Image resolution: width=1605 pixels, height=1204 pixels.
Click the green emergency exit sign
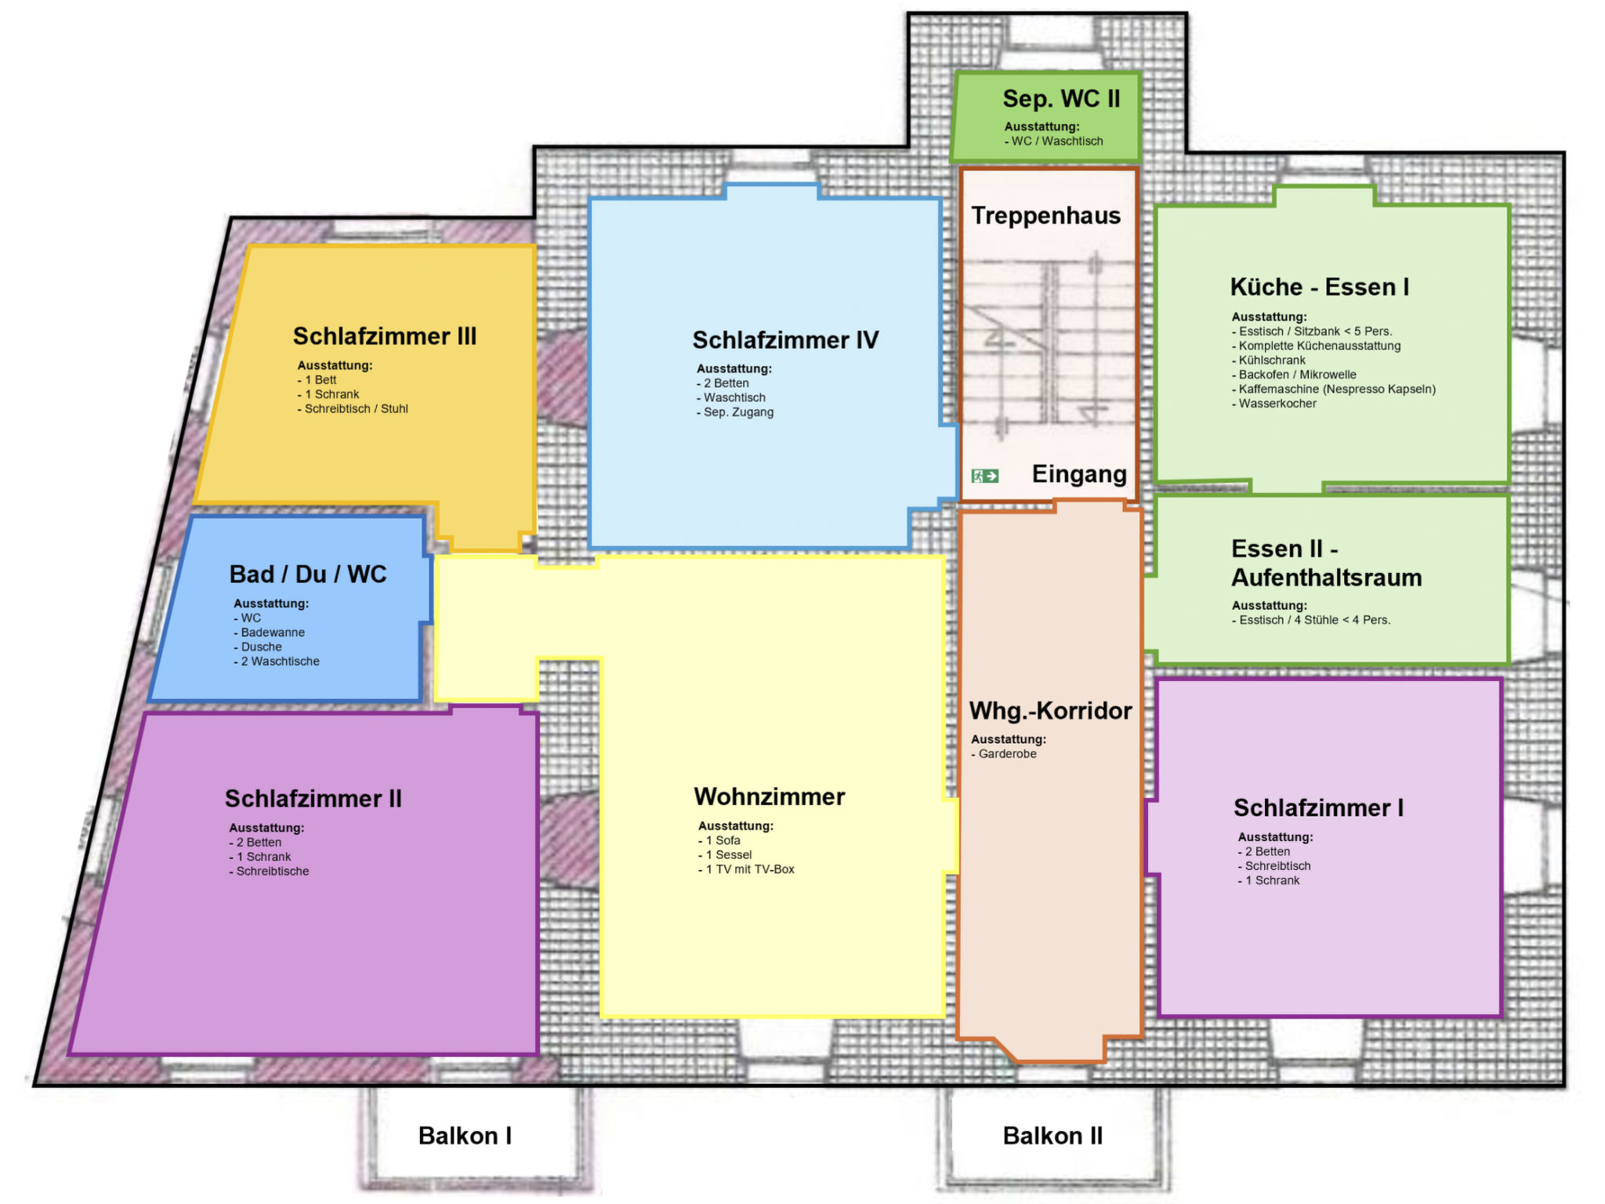pos(985,476)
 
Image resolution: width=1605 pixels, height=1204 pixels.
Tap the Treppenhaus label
pos(1046,216)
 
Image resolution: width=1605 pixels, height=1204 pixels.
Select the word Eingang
pos(1079,474)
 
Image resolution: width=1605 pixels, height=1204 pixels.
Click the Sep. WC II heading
pos(1061,99)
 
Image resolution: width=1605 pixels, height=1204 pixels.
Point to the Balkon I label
pos(465,1136)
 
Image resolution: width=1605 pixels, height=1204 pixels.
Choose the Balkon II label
pos(1052,1136)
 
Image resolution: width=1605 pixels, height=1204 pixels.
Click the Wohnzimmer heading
pos(770,796)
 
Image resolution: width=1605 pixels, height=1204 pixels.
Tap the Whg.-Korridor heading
pos(1051,711)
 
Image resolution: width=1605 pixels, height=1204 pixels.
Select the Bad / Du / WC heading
pos(308,575)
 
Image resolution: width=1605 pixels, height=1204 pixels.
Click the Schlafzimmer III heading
pos(385,336)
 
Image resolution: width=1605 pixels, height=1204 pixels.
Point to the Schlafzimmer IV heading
pos(785,340)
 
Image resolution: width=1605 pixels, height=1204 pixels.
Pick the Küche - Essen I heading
pos(1320,287)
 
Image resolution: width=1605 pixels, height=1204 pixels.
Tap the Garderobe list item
pos(1004,754)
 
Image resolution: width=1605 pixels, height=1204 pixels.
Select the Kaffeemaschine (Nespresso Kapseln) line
pos(1334,390)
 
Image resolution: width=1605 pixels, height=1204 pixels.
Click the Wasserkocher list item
pos(1274,404)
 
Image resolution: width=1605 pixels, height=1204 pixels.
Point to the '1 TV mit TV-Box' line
pos(746,869)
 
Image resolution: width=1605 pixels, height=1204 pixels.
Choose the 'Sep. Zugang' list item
pos(735,412)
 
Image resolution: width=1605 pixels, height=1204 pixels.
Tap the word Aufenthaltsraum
pos(1327,578)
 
